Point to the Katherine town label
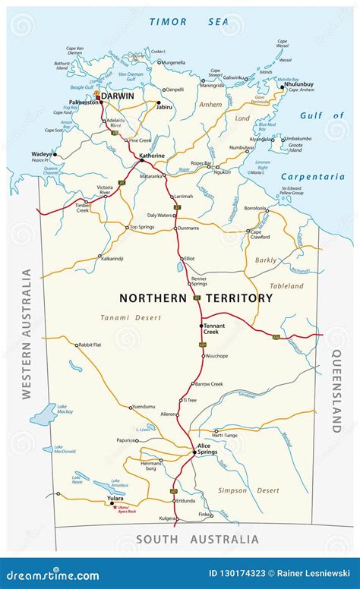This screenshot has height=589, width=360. click(152, 155)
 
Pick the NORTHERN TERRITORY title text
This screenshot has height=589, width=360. click(194, 298)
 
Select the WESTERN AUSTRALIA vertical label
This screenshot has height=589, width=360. click(27, 333)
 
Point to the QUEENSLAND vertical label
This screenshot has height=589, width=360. click(336, 390)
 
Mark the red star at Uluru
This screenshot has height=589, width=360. click(115, 506)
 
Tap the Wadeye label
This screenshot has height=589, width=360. click(41, 154)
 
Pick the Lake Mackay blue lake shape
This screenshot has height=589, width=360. click(43, 414)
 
